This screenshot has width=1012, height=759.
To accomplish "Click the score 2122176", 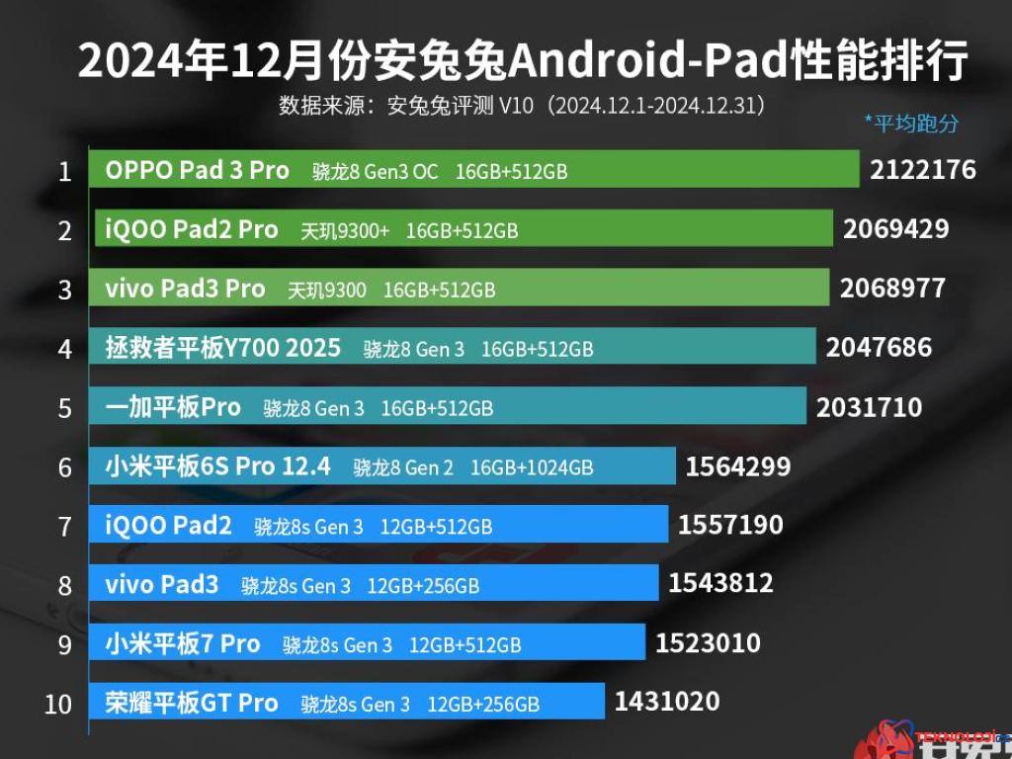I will (x=922, y=170).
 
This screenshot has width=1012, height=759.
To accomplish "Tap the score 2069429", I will (x=895, y=229).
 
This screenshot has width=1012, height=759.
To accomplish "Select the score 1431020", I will (x=667, y=702).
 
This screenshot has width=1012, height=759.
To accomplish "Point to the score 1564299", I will (x=737, y=466).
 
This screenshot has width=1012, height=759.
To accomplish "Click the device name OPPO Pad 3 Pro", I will (x=197, y=170).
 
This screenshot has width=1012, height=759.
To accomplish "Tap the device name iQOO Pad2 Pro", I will (x=192, y=229).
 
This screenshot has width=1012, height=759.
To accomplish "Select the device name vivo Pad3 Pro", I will (x=185, y=289).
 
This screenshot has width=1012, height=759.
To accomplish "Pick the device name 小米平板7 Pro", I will (x=183, y=644).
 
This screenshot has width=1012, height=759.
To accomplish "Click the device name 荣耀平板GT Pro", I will (x=192, y=703).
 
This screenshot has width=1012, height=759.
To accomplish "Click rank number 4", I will (x=65, y=350).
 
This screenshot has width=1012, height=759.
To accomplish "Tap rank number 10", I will (x=58, y=705).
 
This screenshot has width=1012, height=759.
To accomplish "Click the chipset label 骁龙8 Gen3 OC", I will (x=375, y=171).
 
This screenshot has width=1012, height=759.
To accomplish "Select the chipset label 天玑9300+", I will (x=345, y=230).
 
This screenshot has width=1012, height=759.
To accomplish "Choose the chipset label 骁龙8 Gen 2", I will (x=403, y=467).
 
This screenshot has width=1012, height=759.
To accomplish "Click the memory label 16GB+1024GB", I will (x=532, y=467).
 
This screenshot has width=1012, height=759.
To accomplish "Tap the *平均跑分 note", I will (x=911, y=124).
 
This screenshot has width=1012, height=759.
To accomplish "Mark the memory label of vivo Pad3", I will (x=423, y=586).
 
